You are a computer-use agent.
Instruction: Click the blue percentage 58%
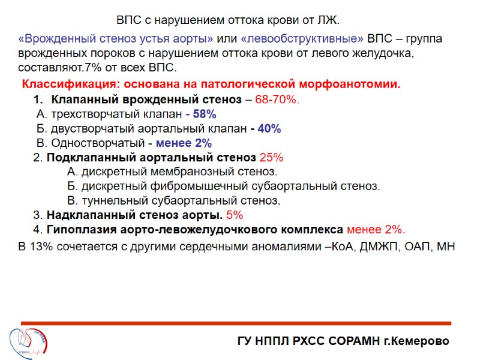[205, 114]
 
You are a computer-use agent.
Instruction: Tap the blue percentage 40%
[269, 128]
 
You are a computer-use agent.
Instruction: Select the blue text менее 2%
[184, 143]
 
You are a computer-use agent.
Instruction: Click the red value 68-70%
[277, 99]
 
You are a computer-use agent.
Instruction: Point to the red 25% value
[271, 158]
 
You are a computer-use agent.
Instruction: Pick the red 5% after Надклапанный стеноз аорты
[235, 215]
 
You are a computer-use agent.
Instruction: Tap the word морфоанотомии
[354, 84]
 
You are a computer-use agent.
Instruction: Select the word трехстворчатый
[88, 114]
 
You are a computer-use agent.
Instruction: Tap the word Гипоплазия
[79, 229]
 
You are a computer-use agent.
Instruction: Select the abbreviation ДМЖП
[391, 246]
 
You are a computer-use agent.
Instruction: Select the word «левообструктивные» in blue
[302, 38]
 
